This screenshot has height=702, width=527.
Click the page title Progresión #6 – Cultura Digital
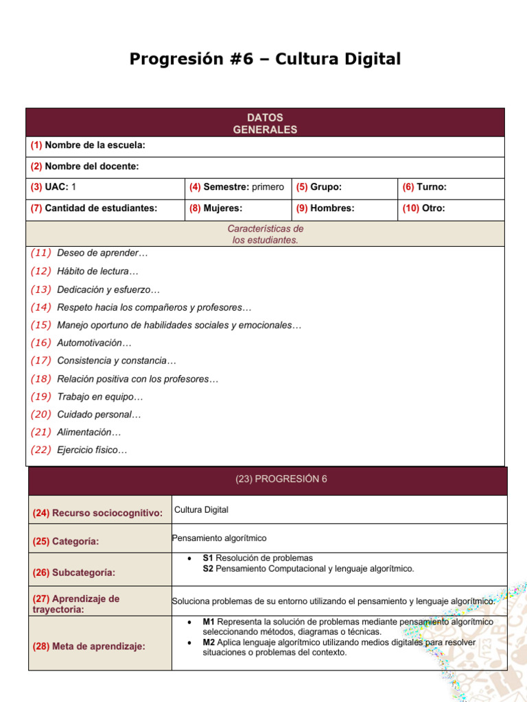click(265, 60)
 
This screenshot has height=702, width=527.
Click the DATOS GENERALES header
click(265, 123)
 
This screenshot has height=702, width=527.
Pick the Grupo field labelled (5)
click(319, 187)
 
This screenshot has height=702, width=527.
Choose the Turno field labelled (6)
click(425, 187)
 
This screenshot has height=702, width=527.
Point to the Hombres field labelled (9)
click(325, 208)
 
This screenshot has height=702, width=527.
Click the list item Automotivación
click(94, 343)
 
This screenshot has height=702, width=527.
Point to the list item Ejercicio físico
click(92, 450)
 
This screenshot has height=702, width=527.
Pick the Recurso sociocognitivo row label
click(97, 513)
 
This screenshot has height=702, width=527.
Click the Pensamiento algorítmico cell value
click(220, 538)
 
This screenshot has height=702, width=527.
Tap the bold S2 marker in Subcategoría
click(208, 569)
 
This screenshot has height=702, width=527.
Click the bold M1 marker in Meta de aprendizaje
click(209, 622)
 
